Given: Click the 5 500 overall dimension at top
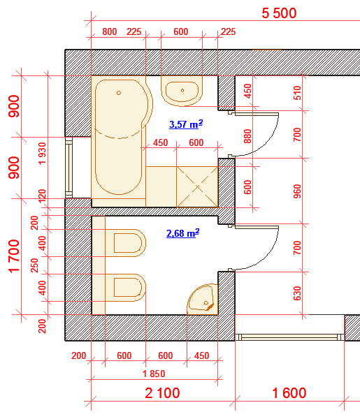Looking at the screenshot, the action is tap(279, 13).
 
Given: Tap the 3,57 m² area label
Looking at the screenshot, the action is tap(186, 124).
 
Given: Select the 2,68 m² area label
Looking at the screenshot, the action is tap(183, 233).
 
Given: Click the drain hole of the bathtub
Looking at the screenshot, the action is tap(119, 93).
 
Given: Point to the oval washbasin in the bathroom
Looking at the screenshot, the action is tap(182, 91).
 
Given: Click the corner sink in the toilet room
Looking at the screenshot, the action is tap(203, 300).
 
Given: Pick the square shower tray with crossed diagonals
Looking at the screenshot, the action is tap(197, 186).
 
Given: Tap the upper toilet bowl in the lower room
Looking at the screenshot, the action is tap(126, 242).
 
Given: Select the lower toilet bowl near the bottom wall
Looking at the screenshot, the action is tap(126, 288).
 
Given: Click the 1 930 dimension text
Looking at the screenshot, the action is tap(42, 154).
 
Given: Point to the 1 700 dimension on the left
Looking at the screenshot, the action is tap(14, 256).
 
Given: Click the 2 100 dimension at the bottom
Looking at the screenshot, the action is tap(162, 393).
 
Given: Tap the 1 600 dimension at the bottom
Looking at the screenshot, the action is tap(289, 393).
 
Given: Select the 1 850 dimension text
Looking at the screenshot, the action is tap(154, 374).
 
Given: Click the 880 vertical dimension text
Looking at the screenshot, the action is tap(248, 136).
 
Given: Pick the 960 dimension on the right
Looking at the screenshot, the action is tap(297, 191).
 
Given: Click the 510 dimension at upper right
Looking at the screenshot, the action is tap(297, 93).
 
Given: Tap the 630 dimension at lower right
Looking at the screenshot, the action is tap(297, 293).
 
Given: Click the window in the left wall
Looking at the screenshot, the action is tap(69, 168).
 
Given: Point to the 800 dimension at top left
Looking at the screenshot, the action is tap(110, 31).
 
